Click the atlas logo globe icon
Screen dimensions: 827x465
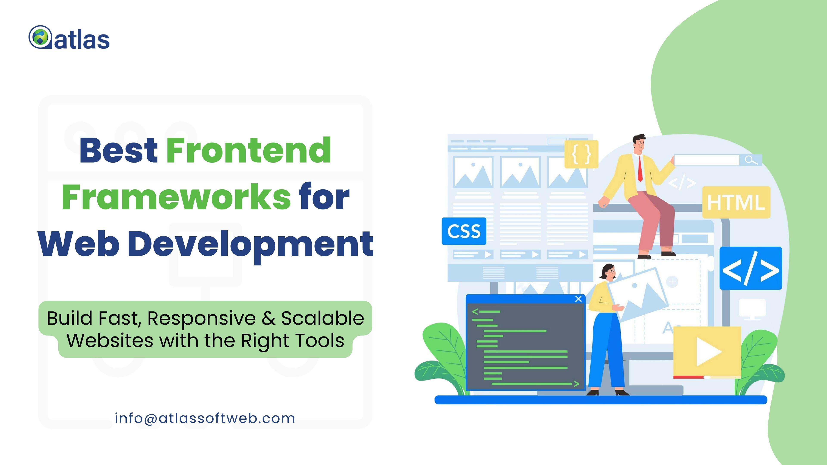40,37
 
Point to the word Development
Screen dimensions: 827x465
251,245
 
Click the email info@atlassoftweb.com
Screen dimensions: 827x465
205,418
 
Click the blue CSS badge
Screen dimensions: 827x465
464,231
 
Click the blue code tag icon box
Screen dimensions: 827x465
751,268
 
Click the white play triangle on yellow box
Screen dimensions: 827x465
708,352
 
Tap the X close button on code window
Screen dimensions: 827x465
578,299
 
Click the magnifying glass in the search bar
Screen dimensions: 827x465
751,160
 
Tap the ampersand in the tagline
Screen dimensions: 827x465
269,319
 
